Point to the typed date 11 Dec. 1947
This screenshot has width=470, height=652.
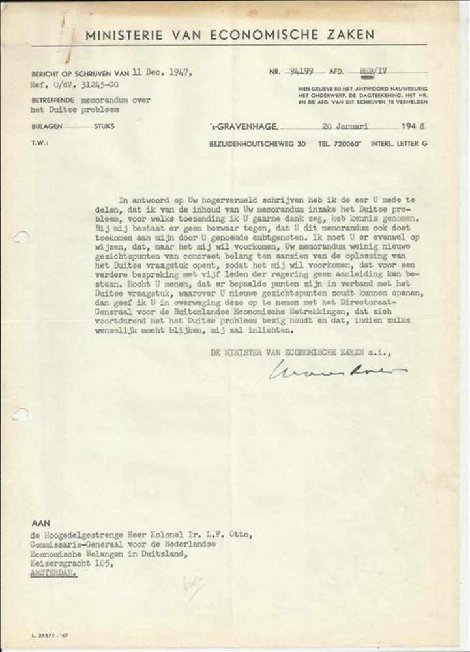tap(162, 72)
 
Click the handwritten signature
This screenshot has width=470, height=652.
tap(336, 370)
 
